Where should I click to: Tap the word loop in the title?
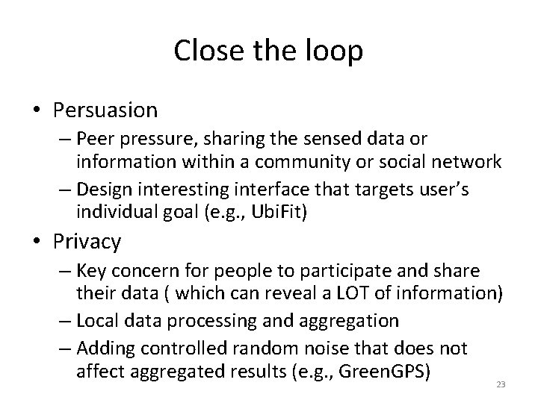(x=336, y=51)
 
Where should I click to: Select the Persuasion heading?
(x=105, y=110)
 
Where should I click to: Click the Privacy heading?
(x=87, y=241)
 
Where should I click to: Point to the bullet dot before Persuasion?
(x=37, y=111)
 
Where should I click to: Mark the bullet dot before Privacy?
(x=37, y=242)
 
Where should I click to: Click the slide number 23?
(x=501, y=384)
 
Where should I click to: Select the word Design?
(x=102, y=190)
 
